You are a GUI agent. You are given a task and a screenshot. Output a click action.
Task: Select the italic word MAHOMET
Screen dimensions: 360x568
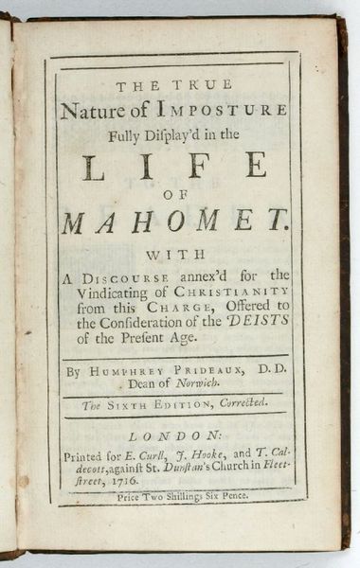click(x=173, y=223)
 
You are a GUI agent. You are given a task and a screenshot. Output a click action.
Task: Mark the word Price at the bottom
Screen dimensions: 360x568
click(x=122, y=497)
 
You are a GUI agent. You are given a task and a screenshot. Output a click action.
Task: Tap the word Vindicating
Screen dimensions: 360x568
click(x=111, y=293)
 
